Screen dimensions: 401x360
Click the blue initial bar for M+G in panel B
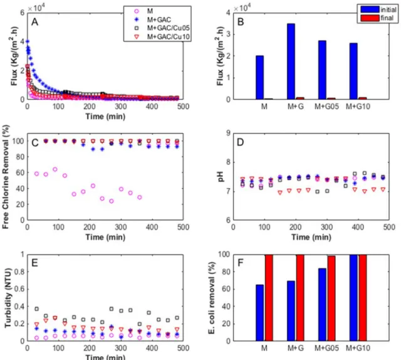click(291, 61)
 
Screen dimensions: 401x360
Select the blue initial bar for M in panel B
click(259, 77)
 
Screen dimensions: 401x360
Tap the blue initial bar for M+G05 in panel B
click(322, 70)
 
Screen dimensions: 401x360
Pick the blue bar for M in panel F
click(259, 312)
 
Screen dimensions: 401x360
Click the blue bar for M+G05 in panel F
click(322, 304)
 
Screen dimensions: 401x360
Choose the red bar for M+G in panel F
click(300, 297)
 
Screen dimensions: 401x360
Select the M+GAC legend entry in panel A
click(153, 19)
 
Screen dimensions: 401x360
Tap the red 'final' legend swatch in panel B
click(370, 18)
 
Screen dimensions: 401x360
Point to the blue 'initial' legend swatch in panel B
click(370, 9)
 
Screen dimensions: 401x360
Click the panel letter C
click(35, 142)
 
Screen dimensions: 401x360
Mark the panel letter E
click(34, 263)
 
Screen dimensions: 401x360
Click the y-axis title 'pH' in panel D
click(221, 176)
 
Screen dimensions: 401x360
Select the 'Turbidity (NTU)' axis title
click(8, 298)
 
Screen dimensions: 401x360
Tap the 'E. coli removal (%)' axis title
click(212, 298)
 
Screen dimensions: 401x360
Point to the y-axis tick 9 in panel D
click(228, 133)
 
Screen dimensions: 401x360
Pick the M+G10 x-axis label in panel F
click(358, 348)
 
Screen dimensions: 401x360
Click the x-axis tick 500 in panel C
click(183, 227)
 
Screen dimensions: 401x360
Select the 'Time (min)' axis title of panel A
click(105, 117)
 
